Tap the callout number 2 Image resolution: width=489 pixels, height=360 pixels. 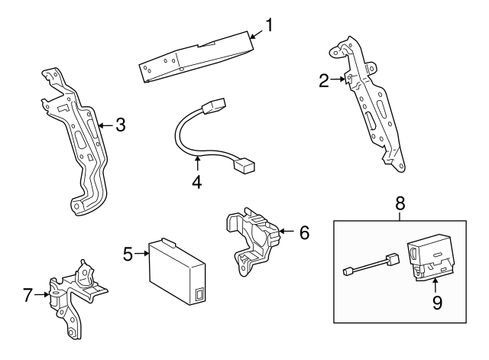324,79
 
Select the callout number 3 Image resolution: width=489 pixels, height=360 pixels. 119,125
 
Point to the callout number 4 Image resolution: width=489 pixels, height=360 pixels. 197,183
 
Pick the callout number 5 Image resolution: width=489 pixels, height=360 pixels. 128,254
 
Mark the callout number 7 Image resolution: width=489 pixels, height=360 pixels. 28,295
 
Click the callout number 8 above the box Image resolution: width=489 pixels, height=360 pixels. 400,204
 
